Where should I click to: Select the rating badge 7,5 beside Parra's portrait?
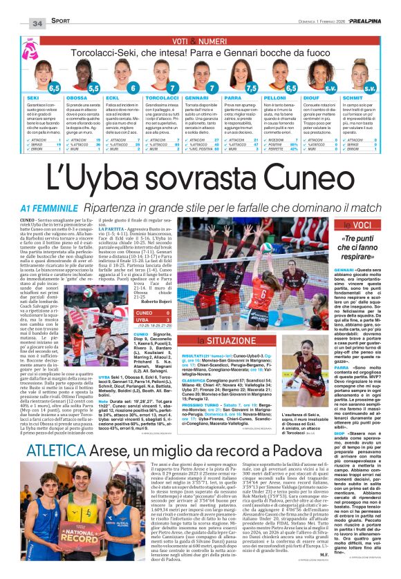pyautogui.click(x=252, y=88)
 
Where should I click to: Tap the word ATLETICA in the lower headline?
pyautogui.click(x=52, y=471)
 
